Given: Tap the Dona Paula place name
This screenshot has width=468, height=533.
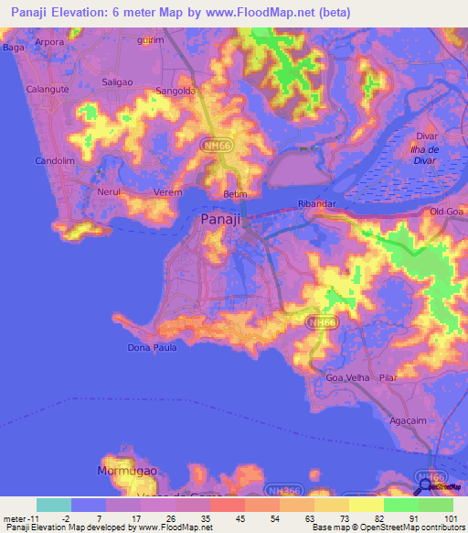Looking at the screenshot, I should click(150, 348).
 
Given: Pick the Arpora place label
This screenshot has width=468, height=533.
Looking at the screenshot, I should click(48, 42).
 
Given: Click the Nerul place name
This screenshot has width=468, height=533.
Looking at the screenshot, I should click(108, 193).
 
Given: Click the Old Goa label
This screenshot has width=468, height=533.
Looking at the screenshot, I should click(448, 212).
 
